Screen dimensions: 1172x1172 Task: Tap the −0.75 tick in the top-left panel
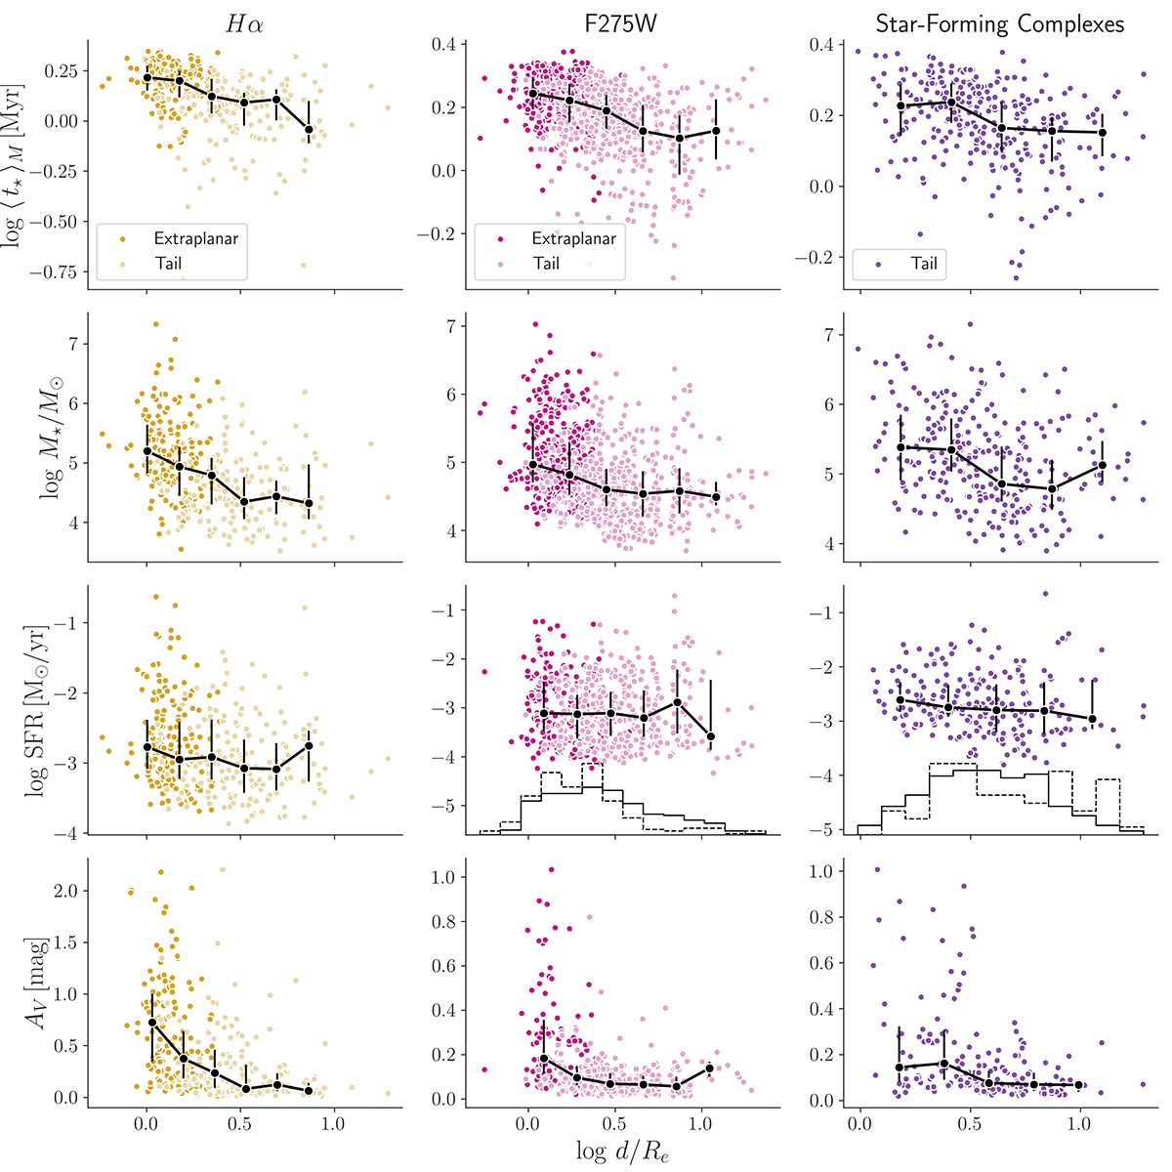(x=57, y=272)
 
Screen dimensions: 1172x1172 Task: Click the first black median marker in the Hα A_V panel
(x=152, y=1023)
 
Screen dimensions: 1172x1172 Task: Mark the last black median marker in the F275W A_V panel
(x=709, y=1067)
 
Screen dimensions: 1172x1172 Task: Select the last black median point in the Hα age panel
(x=309, y=129)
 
